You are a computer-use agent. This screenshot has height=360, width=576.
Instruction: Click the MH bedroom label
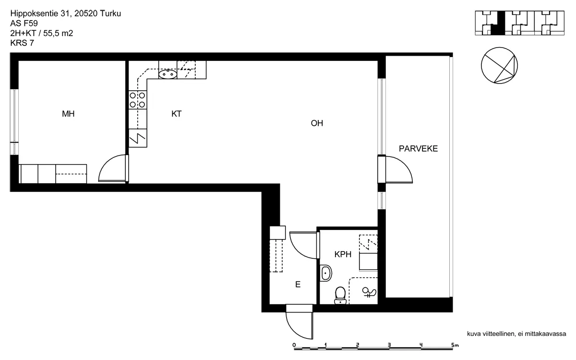click(68, 114)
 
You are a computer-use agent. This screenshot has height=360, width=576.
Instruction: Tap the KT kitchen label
click(177, 114)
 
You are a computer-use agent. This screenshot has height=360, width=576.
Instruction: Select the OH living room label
click(317, 123)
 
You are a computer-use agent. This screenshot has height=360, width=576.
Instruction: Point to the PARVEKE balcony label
click(418, 149)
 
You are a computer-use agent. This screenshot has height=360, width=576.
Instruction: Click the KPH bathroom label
click(343, 254)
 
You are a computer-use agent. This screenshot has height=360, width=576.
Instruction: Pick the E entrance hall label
click(298, 284)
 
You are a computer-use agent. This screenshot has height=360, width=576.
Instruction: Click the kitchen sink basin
click(168, 74)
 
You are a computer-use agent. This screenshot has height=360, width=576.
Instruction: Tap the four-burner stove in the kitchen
click(138, 100)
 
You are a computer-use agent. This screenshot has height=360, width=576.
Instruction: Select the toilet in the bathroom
click(340, 296)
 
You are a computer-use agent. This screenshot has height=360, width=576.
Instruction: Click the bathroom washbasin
click(325, 273)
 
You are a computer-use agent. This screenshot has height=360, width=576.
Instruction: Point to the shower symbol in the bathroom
click(369, 292)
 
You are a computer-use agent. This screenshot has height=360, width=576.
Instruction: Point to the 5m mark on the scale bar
click(455, 345)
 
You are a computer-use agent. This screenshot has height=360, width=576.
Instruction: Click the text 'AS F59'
click(24, 24)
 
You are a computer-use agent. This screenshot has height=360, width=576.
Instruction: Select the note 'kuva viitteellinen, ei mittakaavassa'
click(516, 334)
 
